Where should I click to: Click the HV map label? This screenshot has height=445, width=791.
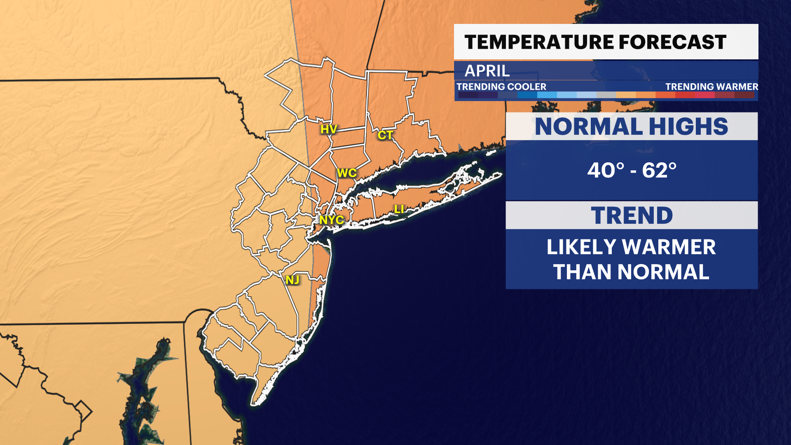329,129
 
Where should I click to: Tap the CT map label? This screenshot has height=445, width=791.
385,135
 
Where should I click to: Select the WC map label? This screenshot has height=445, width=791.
346,173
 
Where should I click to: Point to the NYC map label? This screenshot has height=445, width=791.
332,220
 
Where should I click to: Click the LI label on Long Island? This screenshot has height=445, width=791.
399,209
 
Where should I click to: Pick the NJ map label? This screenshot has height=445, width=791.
293,280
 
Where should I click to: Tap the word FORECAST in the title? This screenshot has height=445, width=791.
673,42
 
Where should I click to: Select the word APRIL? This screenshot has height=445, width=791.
487,71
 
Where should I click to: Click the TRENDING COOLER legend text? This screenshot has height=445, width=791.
501,87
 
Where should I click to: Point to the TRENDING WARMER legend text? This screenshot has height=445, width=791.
711,87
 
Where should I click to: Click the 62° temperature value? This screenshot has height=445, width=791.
659,170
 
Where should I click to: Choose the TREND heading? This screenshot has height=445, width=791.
632,215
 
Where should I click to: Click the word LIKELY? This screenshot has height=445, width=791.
581,247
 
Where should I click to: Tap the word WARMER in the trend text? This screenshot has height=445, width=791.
669,247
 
